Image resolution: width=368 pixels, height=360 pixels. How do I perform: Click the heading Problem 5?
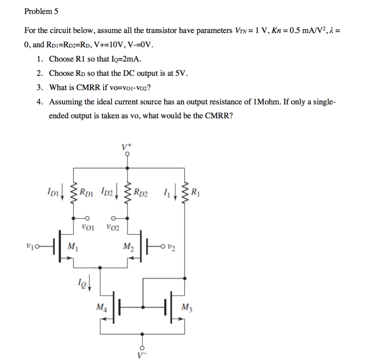coord(41,12)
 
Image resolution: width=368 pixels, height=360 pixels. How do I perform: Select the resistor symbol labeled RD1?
coord(74,192)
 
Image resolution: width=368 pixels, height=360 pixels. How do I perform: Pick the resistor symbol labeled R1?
coord(185,192)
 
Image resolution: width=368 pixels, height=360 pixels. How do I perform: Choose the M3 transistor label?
coord(187,307)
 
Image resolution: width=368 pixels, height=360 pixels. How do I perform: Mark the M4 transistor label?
coord(101,307)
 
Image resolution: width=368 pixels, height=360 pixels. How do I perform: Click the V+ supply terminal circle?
coord(127,154)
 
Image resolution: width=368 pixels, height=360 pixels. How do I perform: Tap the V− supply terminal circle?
coord(143,348)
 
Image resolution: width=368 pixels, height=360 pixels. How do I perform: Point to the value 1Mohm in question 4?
coord(267,102)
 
